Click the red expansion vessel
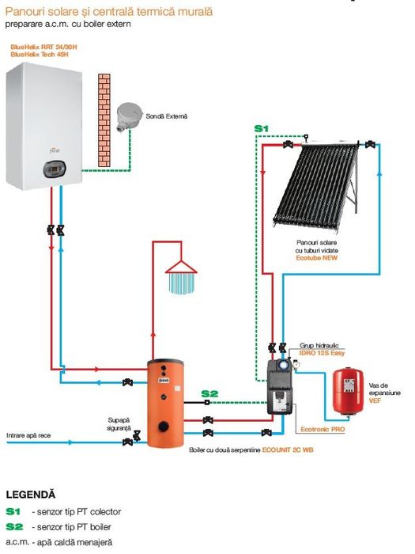click(x=349, y=392)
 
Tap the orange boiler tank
click(x=165, y=403)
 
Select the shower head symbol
click(x=181, y=277)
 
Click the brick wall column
click(x=104, y=120)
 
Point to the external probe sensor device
click(x=129, y=116)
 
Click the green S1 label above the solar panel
click(x=262, y=129)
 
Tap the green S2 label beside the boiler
click(x=209, y=393)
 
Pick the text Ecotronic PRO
click(x=323, y=429)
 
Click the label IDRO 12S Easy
click(x=322, y=353)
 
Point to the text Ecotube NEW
click(x=316, y=258)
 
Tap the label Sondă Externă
click(x=167, y=116)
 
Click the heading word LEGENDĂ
click(x=31, y=495)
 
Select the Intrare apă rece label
click(x=28, y=435)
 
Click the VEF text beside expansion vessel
click(x=375, y=400)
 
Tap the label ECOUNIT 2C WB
click(x=288, y=450)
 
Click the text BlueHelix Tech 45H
click(x=40, y=55)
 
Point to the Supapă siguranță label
click(x=119, y=424)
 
